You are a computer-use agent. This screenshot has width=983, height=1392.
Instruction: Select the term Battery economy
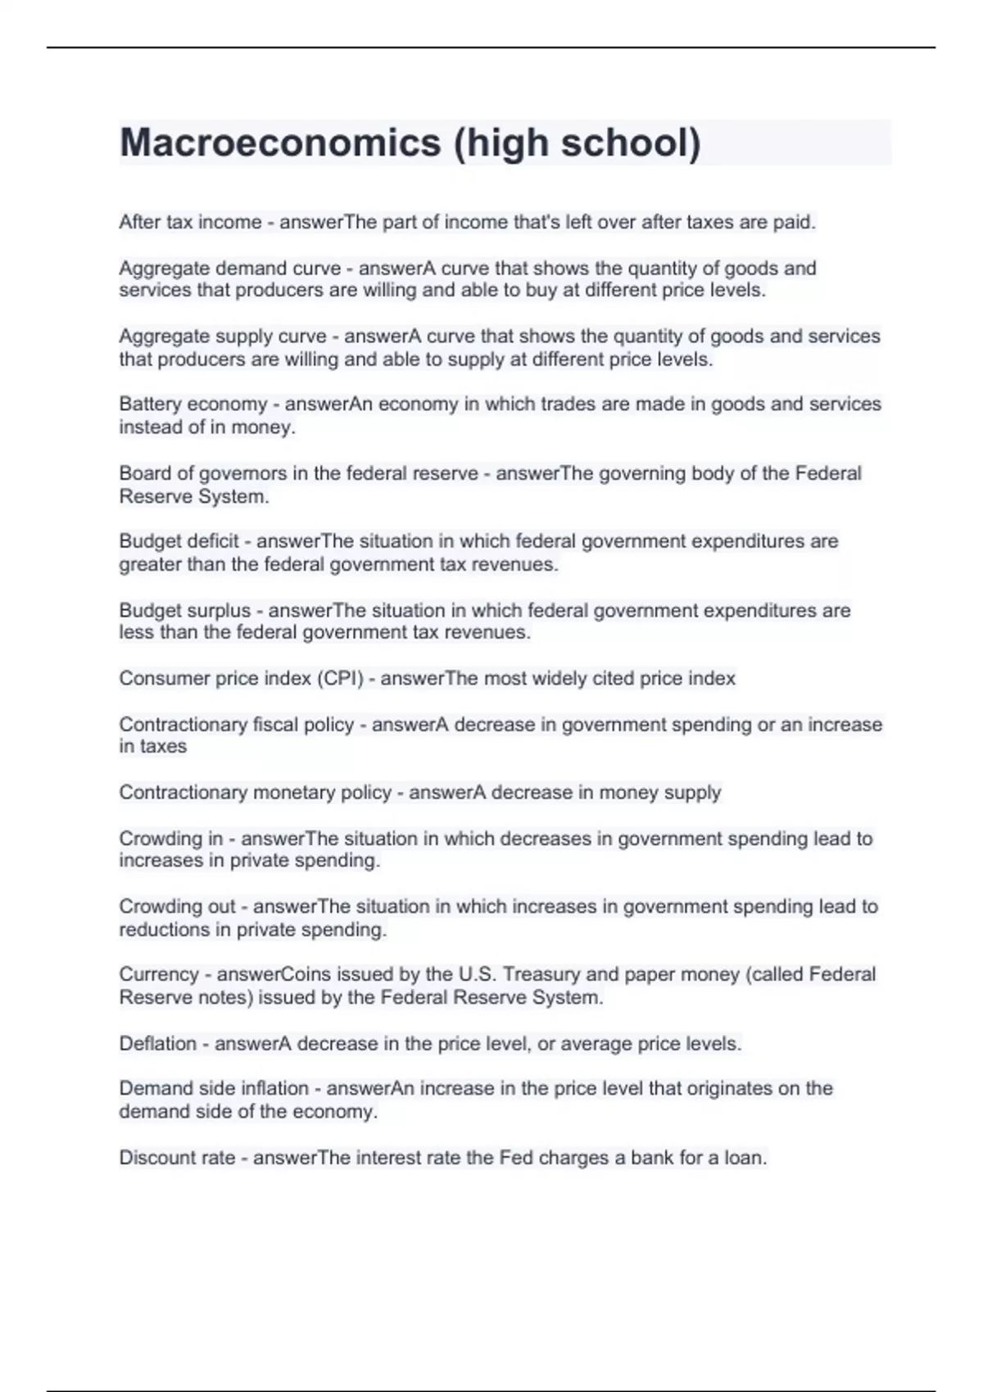click(x=193, y=404)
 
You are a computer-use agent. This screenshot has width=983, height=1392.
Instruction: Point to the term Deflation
click(x=158, y=1044)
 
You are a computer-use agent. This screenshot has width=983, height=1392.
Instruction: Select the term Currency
click(x=159, y=974)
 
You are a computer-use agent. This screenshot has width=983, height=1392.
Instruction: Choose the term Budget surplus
click(x=185, y=611)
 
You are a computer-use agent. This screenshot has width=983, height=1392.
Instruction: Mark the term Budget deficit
click(x=179, y=541)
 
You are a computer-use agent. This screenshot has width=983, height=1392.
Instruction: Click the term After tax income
click(x=190, y=223)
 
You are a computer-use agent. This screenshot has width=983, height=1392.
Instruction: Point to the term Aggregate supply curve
click(x=223, y=337)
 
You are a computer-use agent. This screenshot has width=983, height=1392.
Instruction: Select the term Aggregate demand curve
click(x=230, y=269)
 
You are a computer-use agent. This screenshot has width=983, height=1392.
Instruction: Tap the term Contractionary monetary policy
click(x=256, y=793)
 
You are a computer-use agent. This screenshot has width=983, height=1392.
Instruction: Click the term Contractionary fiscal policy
click(x=237, y=725)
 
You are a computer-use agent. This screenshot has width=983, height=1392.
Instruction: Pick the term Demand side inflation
click(x=214, y=1089)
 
